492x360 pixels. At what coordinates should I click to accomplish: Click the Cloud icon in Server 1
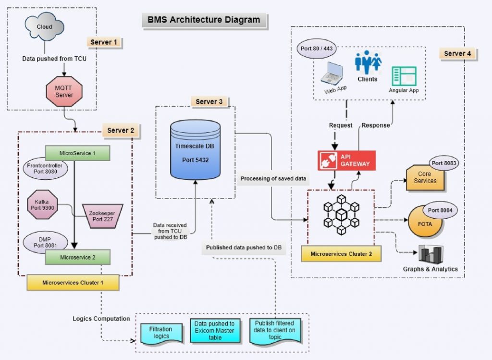coord(44,27)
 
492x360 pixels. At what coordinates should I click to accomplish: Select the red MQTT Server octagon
coord(64,92)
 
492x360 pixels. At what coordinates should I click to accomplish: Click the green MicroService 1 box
coord(77,153)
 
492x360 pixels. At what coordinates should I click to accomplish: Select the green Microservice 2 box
coord(77,257)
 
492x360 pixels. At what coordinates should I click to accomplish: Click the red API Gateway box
coord(346,161)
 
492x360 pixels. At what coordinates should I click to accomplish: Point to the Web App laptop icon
coord(332,74)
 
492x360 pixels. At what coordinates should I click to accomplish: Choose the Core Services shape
coord(425,178)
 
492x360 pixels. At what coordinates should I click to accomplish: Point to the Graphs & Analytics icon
coord(430,255)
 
